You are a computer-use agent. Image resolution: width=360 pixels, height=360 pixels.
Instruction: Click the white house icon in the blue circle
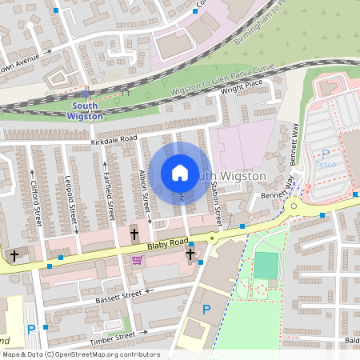point(180,172)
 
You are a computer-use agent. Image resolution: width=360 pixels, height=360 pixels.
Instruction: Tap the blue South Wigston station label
point(87,110)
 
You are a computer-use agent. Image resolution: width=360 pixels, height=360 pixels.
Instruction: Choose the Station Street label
point(216,201)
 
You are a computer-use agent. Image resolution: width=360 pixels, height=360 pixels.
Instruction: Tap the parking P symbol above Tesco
point(325,154)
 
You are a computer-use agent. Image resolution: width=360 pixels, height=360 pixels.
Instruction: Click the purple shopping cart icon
point(137,260)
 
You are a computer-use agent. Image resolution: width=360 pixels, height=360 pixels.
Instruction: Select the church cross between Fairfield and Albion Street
point(134,234)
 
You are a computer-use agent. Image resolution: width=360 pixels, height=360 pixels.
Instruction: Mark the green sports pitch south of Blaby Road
point(266,265)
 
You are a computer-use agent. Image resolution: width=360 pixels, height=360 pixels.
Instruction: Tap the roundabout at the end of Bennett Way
point(294,206)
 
